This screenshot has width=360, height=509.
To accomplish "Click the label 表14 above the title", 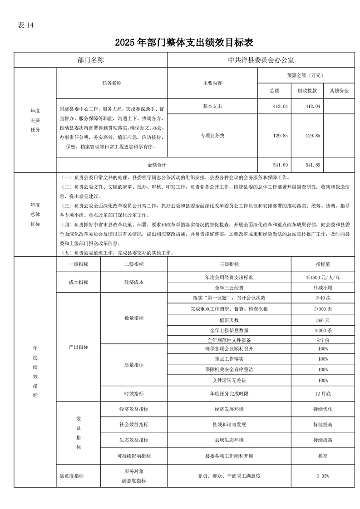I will (x=25, y=25).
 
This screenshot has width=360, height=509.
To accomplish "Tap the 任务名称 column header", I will (x=112, y=83).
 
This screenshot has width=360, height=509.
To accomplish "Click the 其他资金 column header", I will (x=339, y=91).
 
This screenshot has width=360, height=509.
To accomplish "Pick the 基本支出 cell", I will (x=212, y=106).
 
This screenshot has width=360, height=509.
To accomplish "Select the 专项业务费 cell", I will (x=212, y=135).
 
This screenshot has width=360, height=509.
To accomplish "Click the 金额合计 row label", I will (x=157, y=165).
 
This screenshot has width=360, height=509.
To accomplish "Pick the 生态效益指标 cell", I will (x=134, y=440).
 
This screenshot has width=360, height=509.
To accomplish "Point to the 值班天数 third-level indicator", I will (x=229, y=319).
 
